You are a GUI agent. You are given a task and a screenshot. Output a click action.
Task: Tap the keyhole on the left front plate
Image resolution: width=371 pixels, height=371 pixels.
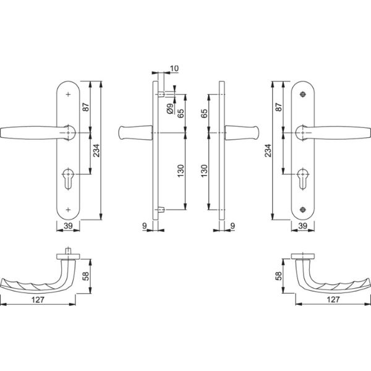coord(68,181)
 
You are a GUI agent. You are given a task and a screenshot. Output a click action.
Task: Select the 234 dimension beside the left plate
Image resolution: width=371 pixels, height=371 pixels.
coord(95,150)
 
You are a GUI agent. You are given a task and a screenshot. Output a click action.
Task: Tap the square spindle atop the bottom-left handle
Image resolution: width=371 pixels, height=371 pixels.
coord(67,252)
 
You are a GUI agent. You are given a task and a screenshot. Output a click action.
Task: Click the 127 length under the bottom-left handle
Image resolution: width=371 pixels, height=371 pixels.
coord(38,300)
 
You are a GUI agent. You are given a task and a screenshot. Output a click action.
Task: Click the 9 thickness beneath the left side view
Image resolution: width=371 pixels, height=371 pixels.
coord(144,227)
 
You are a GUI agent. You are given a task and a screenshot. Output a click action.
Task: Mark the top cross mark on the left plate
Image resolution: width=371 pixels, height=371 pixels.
coord(68,93)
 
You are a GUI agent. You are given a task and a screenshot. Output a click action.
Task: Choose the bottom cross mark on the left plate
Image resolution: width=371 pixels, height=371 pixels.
coord(68,208)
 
